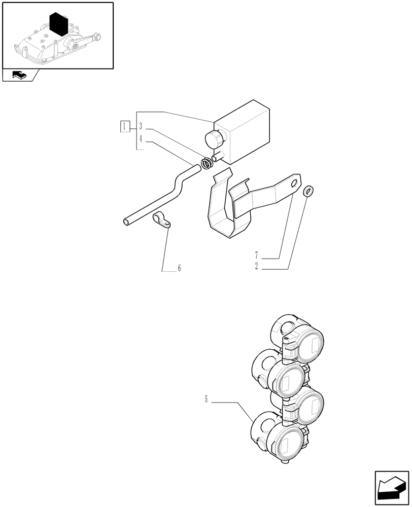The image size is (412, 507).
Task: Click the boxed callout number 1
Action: (125, 126)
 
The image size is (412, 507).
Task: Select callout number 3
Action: (141, 126)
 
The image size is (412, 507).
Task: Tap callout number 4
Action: (141, 137)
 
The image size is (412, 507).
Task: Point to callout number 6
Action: (179, 268)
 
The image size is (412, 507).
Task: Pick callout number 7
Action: (257, 254)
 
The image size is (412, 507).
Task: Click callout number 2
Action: (257, 266)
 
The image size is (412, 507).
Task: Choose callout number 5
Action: (206, 400)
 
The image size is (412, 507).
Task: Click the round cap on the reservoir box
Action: (214, 138)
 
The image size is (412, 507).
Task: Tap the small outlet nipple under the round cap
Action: (218, 158)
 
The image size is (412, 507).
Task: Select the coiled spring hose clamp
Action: (206, 164)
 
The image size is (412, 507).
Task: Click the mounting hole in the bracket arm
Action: (294, 183)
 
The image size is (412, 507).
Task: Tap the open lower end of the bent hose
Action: (126, 221)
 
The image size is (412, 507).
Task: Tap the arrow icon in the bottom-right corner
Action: (391, 489)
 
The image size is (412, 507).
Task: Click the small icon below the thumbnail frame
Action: (19, 76)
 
